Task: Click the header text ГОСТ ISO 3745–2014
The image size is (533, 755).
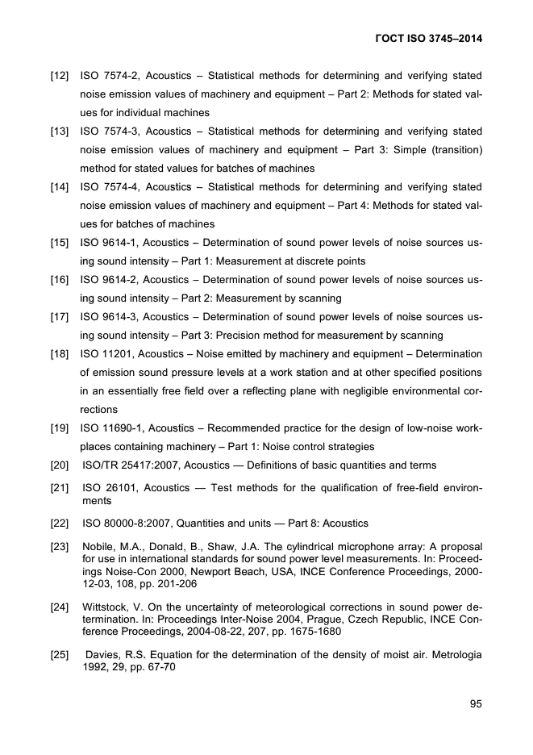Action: pyautogui.click(x=435, y=39)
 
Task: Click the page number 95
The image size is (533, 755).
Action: pyautogui.click(x=476, y=704)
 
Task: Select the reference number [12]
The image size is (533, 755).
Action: pyautogui.click(x=59, y=76)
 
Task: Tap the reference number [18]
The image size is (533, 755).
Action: pyautogui.click(x=59, y=353)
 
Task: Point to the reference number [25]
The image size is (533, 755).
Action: pyautogui.click(x=59, y=655)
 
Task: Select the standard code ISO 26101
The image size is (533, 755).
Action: pyautogui.click(x=110, y=488)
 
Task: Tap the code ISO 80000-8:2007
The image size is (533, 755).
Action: pyautogui.click(x=135, y=523)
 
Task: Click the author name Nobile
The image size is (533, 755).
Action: pyautogui.click(x=101, y=547)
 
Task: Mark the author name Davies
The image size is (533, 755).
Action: pyautogui.click(x=105, y=655)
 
